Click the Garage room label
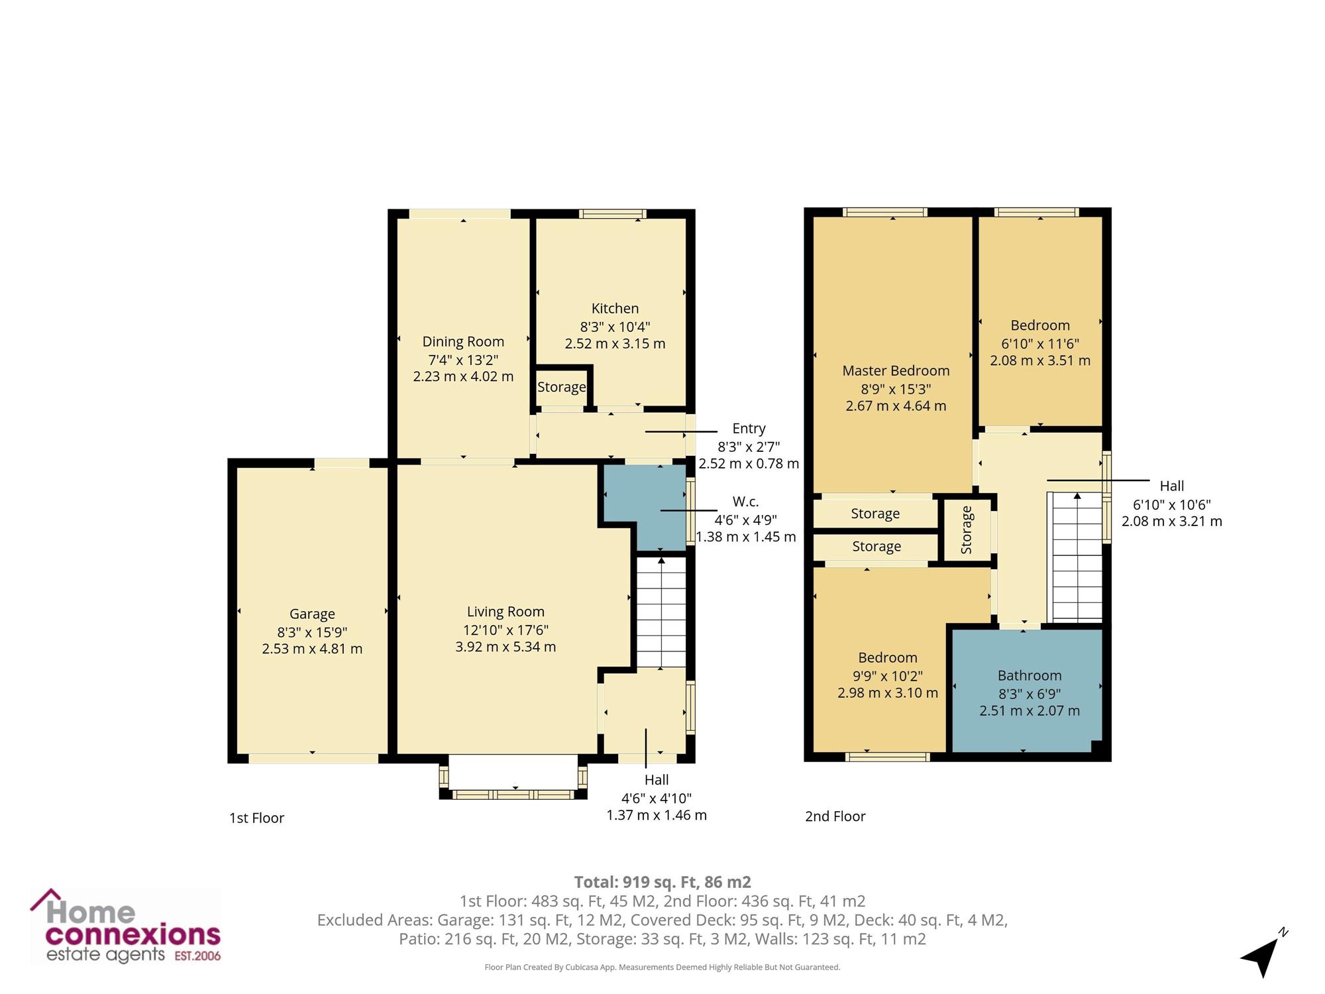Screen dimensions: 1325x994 point(312,614)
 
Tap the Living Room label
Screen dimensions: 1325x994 point(505,612)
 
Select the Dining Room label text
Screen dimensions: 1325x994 point(463,341)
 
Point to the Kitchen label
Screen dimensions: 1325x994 point(615,308)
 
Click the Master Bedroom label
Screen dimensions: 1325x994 point(896,370)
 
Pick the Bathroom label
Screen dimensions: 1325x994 point(1030,675)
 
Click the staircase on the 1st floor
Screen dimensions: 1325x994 point(661,612)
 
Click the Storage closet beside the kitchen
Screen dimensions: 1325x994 point(562,387)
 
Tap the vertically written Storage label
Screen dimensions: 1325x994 point(967,529)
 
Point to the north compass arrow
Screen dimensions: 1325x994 point(1263,954)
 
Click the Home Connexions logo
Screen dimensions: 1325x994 point(126,926)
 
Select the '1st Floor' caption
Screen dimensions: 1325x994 point(256,818)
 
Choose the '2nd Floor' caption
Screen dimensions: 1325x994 point(835,816)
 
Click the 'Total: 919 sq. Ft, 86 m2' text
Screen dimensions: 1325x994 point(662,882)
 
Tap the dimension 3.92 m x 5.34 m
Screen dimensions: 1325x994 point(505,647)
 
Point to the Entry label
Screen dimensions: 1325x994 point(749,429)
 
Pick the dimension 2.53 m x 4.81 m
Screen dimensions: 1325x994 point(312,649)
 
